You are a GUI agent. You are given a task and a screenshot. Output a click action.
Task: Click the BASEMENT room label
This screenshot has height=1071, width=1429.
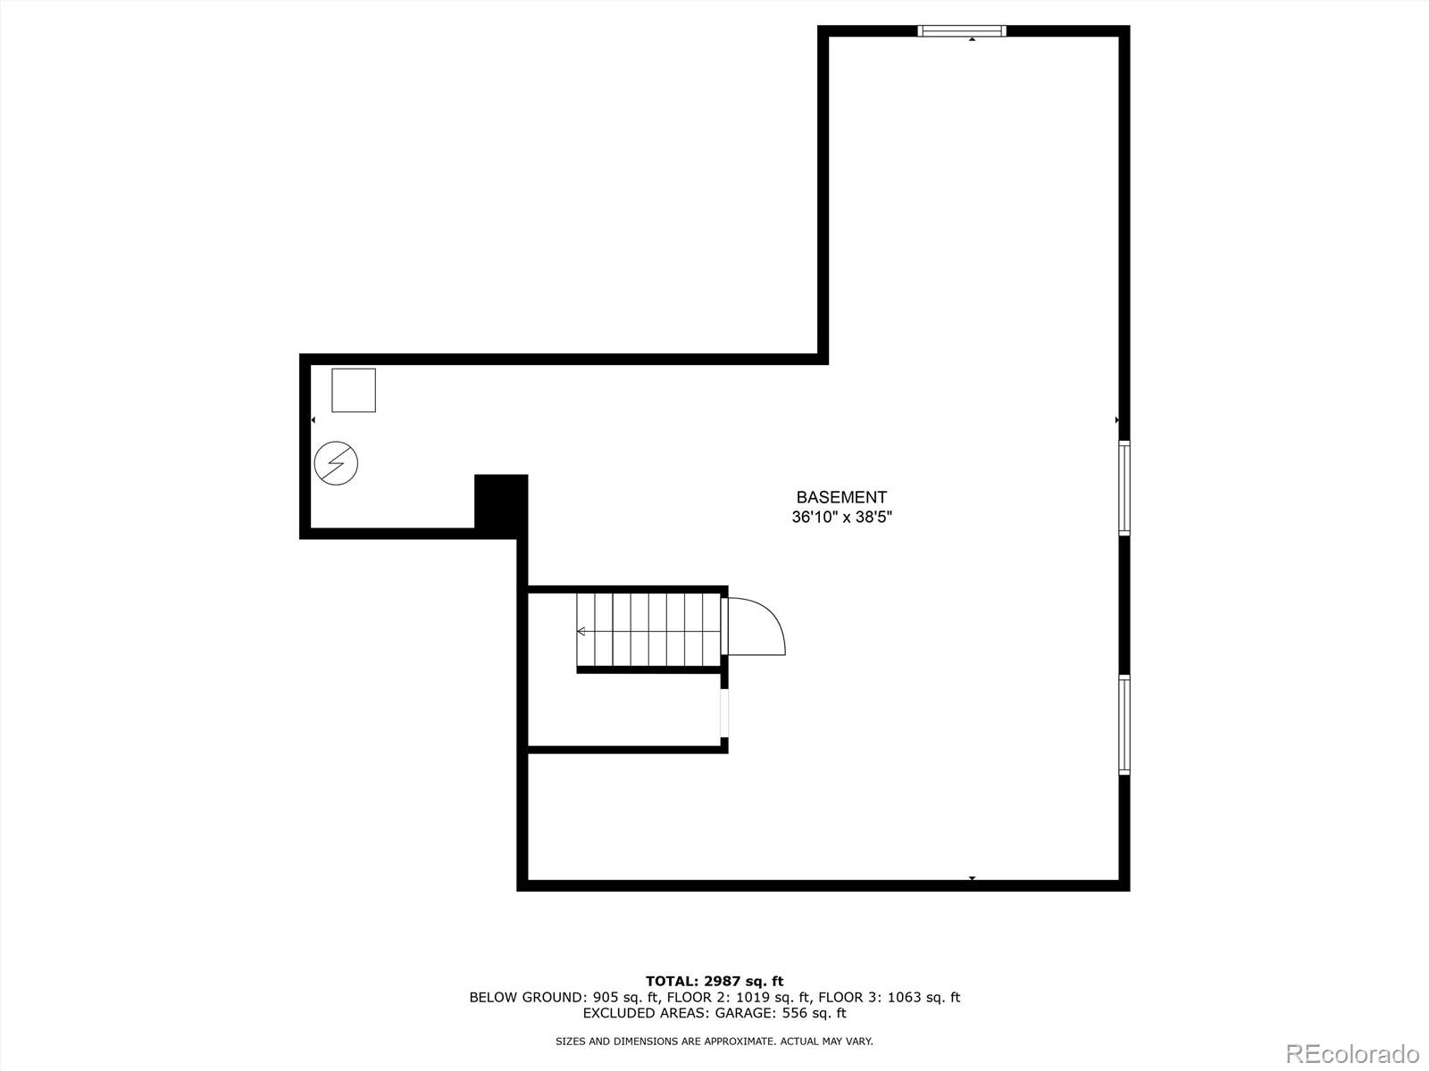point(841,497)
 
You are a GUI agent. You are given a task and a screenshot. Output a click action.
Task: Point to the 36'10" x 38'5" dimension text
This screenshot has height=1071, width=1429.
point(841,517)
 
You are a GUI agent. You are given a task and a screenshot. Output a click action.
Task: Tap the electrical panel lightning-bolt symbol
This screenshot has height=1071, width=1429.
point(336,463)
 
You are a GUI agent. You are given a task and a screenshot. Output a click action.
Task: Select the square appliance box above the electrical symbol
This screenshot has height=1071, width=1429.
point(354,390)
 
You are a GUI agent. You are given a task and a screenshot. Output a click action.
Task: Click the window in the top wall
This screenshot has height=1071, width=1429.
point(962,31)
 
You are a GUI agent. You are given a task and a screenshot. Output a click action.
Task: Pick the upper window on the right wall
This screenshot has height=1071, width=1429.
point(1124,487)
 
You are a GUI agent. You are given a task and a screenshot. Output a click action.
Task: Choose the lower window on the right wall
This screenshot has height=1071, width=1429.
point(1124,724)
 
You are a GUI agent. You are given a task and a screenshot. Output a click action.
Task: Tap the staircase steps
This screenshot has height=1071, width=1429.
point(648,630)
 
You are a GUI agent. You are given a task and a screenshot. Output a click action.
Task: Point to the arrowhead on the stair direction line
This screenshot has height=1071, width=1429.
point(581,631)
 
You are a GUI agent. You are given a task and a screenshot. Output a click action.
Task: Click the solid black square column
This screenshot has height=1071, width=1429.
point(501,503)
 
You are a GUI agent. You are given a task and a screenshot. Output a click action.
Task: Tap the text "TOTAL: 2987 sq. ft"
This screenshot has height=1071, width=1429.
point(714,981)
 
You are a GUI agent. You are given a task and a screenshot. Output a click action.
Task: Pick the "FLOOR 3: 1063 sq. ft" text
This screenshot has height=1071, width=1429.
point(889,998)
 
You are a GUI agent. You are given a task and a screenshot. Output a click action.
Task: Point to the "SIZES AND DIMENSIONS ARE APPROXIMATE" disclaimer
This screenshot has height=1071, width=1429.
point(714,1041)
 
